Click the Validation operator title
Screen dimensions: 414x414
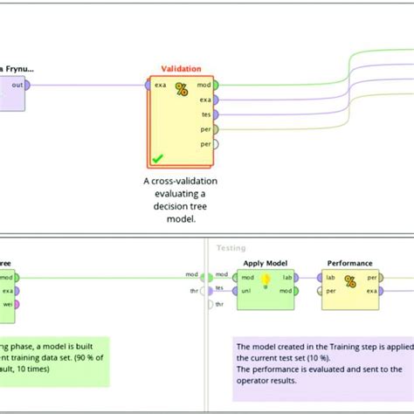coord(181,68)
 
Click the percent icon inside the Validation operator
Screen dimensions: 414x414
coord(182,89)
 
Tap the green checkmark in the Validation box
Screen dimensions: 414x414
coord(156,158)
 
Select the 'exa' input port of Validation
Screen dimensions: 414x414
coord(148,85)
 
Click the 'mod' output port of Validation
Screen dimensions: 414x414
coord(215,85)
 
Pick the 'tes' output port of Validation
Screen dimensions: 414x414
coord(215,114)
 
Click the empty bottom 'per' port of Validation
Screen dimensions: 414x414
coord(215,142)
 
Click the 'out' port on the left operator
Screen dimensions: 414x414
coord(28,85)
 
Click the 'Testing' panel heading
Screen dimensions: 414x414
coord(231,248)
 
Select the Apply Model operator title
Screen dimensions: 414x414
coord(266,263)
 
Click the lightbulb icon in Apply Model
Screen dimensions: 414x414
coord(266,280)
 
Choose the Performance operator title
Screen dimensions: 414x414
coord(349,263)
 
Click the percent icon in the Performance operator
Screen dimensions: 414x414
coord(349,281)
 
